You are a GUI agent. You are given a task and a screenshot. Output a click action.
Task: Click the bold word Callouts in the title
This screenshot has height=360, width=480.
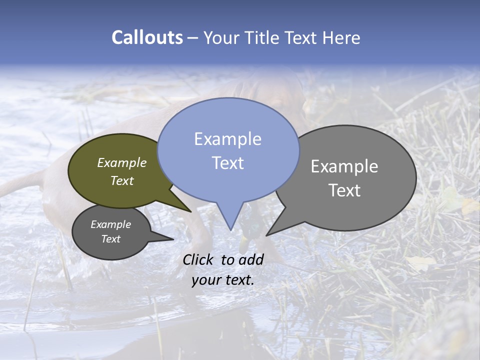(147, 38)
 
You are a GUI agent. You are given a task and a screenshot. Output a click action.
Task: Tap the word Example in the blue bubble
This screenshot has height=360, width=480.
(227, 139)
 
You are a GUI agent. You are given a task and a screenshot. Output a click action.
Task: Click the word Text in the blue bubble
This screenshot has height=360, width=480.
(227, 163)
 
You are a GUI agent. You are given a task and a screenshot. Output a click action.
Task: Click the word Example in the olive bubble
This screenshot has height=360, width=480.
(122, 163)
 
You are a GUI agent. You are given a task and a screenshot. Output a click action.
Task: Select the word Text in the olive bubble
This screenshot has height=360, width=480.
(122, 180)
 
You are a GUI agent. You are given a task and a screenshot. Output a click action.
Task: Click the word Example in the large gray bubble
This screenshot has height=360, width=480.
(344, 166)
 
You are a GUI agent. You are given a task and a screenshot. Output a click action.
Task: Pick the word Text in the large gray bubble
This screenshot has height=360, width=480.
(344, 190)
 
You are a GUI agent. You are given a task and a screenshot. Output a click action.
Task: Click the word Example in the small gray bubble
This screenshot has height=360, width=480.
(110, 224)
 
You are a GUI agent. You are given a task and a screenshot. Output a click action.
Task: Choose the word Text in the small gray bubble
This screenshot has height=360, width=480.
(110, 239)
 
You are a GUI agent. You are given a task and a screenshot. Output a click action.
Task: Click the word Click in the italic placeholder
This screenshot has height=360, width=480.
(199, 259)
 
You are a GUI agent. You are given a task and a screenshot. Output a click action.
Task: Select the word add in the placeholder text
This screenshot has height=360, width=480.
(250, 259)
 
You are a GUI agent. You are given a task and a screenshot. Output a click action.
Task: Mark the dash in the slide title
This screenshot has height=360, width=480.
(193, 38)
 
